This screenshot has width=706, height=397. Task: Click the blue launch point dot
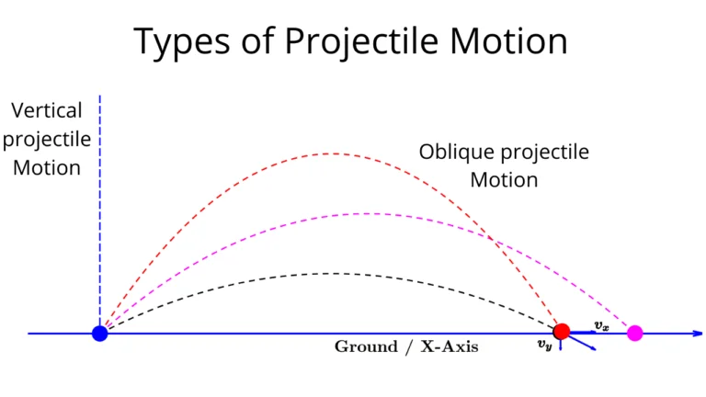coord(100,333)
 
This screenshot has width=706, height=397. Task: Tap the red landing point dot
coord(562,332)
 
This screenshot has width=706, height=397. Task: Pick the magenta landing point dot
coord(634,333)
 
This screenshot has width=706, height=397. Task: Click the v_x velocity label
coord(601,325)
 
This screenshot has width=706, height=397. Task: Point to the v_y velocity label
coord(544,346)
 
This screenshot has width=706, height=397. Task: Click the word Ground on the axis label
coord(364,347)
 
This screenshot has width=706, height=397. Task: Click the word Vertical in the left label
coord(47,111)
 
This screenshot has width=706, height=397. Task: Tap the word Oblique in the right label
coord(454,152)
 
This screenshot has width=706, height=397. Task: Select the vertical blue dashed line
coord(100,211)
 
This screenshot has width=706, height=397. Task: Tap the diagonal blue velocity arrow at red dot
coord(583,344)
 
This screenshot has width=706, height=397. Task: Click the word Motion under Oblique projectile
coord(504,179)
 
